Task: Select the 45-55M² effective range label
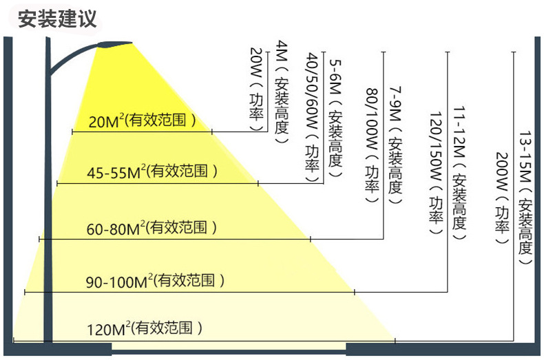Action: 152,171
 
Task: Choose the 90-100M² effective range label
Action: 156,281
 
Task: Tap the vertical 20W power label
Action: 255,89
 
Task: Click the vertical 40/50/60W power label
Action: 311,114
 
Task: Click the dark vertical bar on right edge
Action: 536,193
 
